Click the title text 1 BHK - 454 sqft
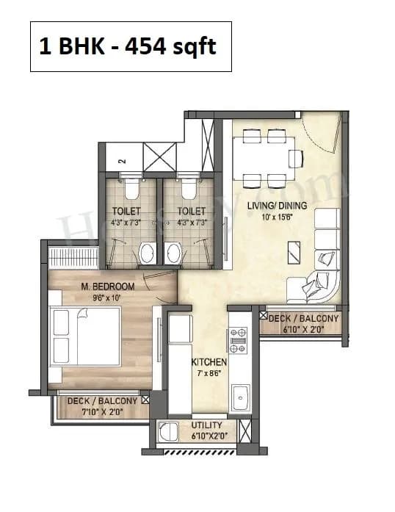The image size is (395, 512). [130, 46]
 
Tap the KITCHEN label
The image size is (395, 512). [209, 363]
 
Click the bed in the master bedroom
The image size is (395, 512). [84, 333]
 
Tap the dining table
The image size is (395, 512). [264, 158]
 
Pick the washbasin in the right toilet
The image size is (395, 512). [175, 253]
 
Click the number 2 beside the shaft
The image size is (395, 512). [122, 158]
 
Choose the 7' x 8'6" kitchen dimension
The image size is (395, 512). [209, 374]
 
